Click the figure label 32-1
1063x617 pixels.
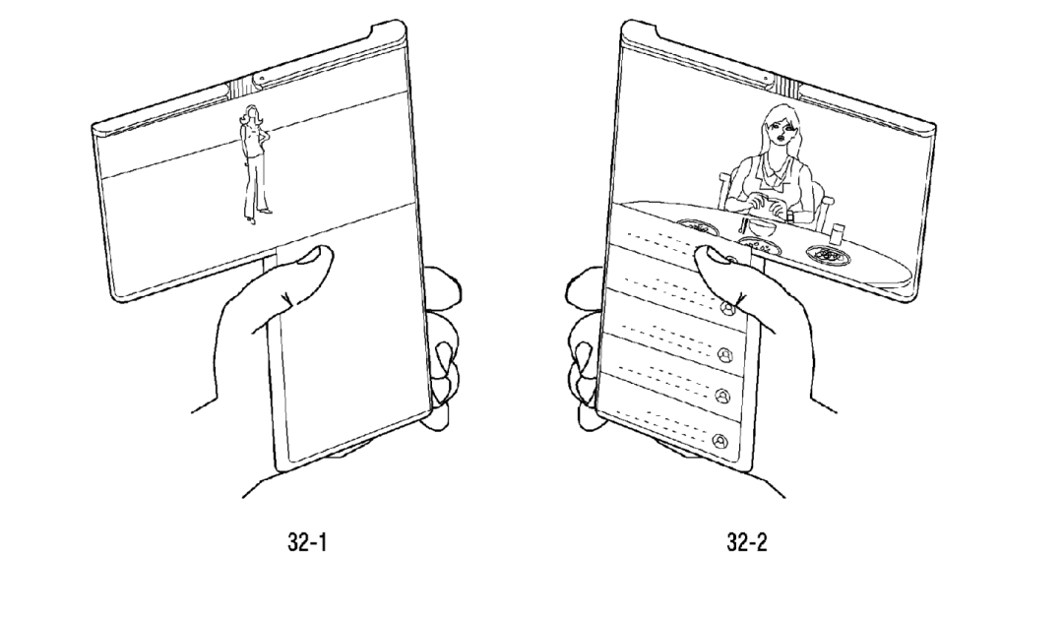click(x=307, y=542)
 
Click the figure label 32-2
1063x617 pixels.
click(x=747, y=542)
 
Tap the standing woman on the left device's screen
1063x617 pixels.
click(x=254, y=163)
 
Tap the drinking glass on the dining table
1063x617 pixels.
click(x=837, y=233)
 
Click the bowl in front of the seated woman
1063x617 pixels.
click(x=764, y=228)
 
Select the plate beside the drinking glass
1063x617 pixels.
click(x=829, y=254)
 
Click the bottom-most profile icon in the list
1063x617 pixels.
click(x=719, y=442)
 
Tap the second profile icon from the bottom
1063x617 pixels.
click(x=722, y=397)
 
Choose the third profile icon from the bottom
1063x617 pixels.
click(x=724, y=353)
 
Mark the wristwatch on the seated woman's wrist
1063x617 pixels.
click(x=789, y=216)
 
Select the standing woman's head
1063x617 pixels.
click(x=252, y=114)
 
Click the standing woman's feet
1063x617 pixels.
click(x=258, y=215)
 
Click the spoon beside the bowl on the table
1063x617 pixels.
click(x=744, y=225)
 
